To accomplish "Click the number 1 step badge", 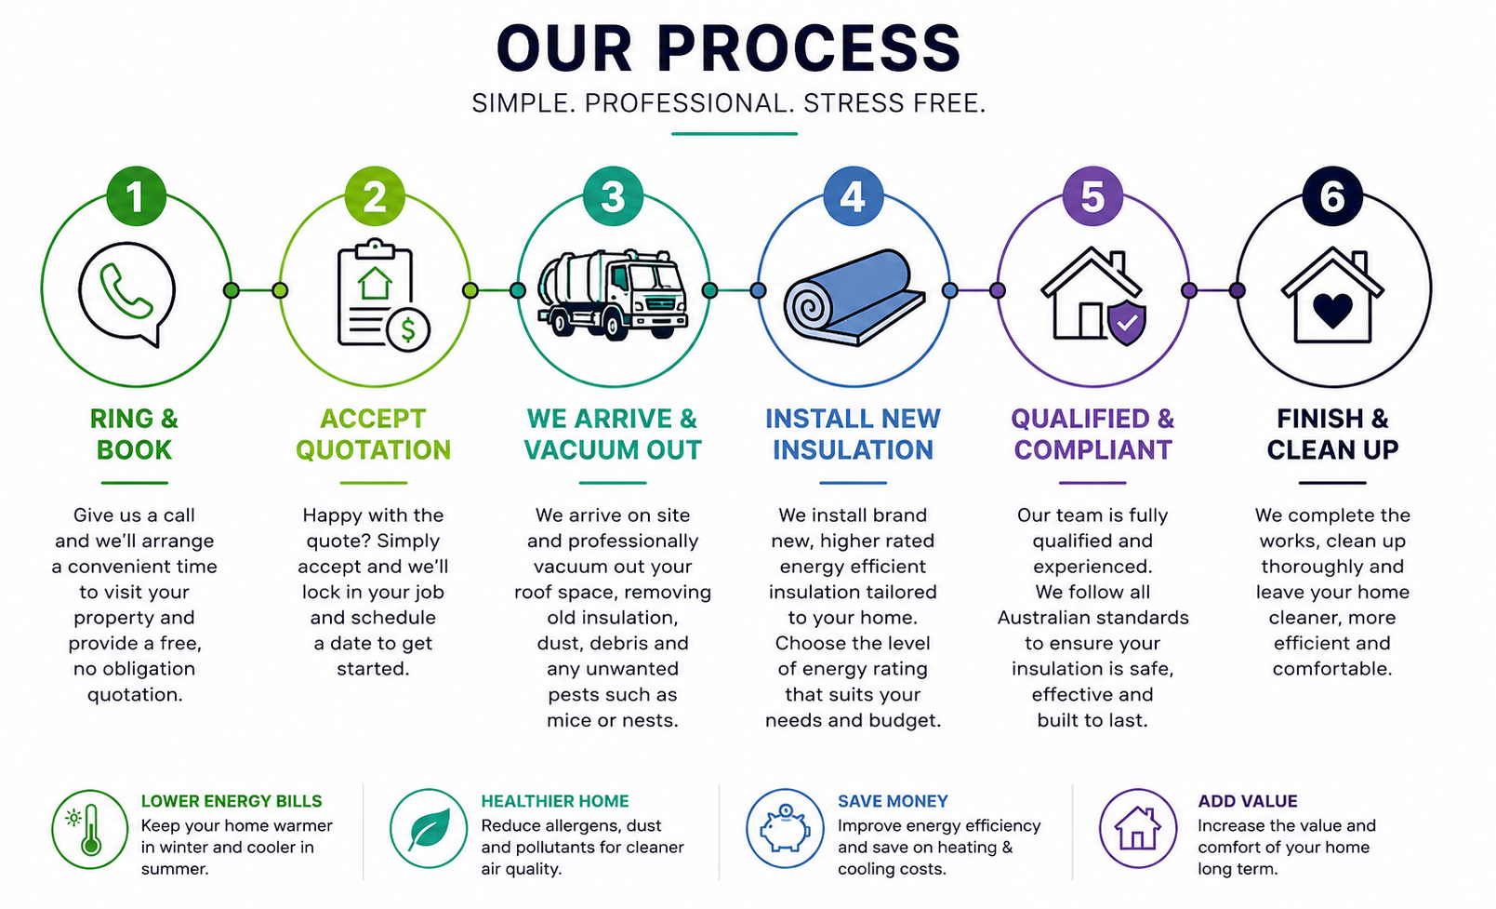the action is (137, 196).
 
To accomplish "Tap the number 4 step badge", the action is (853, 196).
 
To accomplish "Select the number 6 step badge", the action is (1332, 196).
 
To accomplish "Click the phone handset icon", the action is (126, 291).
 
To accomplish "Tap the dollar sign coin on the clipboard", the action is (408, 329).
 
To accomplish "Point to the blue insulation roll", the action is (854, 298).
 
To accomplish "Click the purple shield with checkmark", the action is (1127, 322).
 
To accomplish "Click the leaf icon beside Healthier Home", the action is (429, 830).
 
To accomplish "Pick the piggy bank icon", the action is (785, 830).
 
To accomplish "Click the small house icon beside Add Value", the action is (1137, 828).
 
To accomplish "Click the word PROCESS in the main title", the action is (809, 48).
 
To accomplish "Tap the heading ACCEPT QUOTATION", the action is (374, 434).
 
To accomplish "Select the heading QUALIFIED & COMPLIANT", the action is (1092, 434).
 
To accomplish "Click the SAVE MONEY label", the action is (893, 801).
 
